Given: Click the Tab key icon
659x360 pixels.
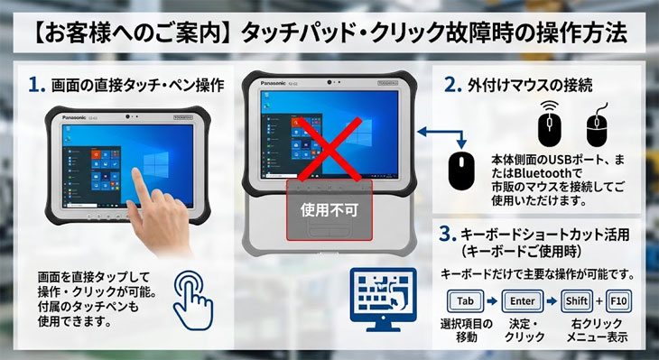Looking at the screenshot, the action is (x=465, y=300).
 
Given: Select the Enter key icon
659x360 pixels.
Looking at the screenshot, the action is (x=523, y=300).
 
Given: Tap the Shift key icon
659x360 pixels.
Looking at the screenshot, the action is (x=577, y=300).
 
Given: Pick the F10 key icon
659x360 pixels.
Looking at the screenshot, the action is (x=618, y=300).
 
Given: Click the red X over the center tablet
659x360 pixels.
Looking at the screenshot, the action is (x=329, y=149).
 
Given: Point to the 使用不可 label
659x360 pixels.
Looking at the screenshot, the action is (x=329, y=209).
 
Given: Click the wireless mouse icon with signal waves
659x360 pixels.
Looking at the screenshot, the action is (x=550, y=125).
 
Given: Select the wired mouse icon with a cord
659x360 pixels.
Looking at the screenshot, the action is (x=597, y=125).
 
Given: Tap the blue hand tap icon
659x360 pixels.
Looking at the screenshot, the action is (x=193, y=300).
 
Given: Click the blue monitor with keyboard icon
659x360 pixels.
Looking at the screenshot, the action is (x=383, y=299).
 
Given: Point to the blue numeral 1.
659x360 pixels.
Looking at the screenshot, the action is (x=37, y=86).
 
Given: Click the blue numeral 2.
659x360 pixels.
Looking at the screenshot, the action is (x=453, y=86).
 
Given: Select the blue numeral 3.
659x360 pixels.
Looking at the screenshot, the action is (x=448, y=235).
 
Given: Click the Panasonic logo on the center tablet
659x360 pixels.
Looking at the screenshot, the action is (x=273, y=83).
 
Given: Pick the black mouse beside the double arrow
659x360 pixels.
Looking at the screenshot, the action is (x=461, y=171).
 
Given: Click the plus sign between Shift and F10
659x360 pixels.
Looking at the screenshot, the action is (x=599, y=300).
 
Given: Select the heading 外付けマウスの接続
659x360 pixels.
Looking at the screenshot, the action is (x=530, y=86).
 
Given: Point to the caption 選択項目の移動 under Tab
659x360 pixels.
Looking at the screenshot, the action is (x=466, y=330).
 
